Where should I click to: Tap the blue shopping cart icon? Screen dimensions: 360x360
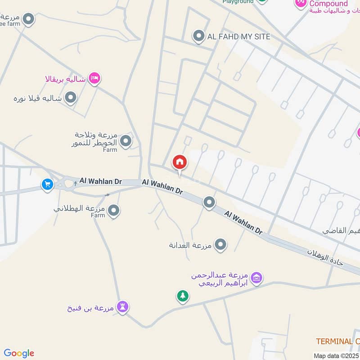pos(47,184)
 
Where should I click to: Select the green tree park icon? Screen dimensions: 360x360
pos(182,296)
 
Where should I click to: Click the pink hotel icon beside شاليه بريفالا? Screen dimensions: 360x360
pos(94,79)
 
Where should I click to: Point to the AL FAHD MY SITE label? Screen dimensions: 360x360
pos(238,36)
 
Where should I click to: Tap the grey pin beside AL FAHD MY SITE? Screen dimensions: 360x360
pos(198,36)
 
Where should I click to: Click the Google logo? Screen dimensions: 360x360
pos(19,353)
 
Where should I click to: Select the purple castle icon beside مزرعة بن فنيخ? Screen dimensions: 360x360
pos(122,307)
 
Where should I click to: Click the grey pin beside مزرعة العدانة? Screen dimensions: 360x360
pos(220,245)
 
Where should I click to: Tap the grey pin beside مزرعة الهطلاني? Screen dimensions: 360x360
pos(114,210)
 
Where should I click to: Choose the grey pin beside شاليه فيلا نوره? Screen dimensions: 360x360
pos(70,97)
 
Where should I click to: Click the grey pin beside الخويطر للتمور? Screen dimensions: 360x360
pos(126,141)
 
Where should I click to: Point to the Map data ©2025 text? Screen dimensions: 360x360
pos(336,355)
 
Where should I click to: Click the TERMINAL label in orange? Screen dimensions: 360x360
pos(337,342)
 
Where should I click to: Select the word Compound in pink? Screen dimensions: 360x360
pos(328,4)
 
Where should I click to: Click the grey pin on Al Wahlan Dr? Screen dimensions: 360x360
pos(209,202)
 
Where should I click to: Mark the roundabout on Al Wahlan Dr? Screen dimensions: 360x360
pos(69,183)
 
